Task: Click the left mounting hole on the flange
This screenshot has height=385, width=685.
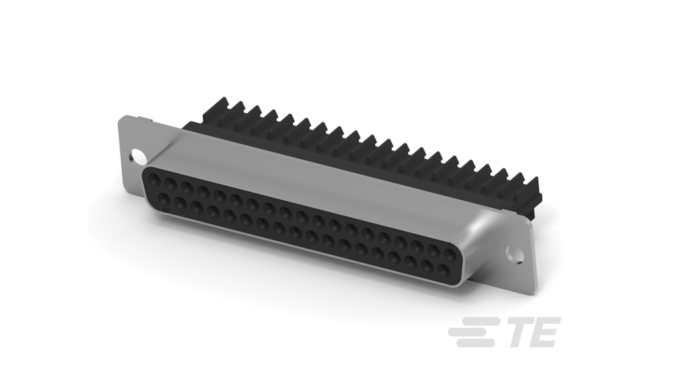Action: tap(138, 157)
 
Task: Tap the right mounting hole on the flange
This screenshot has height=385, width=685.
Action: tap(514, 254)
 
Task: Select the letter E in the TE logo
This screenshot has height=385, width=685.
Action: tap(545, 332)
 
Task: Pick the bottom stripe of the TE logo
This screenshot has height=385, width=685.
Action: tap(475, 343)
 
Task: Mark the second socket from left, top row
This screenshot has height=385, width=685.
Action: tap(171, 184)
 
